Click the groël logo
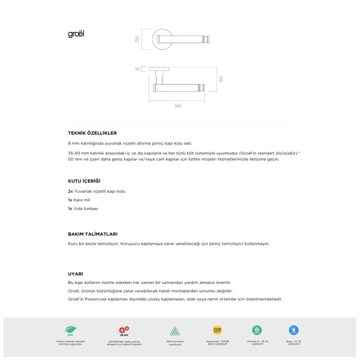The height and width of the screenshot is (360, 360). click(76, 34)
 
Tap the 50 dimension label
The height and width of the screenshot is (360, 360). click(137, 39)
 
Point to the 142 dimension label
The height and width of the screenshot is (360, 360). click(178, 105)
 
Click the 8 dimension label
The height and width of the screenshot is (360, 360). click(138, 68)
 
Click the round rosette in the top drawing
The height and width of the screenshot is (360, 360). click(160, 39)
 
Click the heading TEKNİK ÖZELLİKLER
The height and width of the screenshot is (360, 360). click(92, 133)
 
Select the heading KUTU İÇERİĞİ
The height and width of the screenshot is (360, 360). click(84, 181)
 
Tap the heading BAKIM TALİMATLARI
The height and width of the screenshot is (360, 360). click(93, 233)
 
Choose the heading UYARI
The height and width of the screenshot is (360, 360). click(76, 274)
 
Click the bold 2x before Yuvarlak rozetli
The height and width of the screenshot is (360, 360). click(70, 191)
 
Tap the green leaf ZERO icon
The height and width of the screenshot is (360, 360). click(69, 330)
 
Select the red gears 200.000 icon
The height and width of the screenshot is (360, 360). click(123, 330)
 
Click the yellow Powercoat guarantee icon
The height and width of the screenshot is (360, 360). click(217, 330)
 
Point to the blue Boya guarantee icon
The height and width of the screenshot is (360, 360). click(294, 330)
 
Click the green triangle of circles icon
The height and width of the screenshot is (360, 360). click(175, 331)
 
